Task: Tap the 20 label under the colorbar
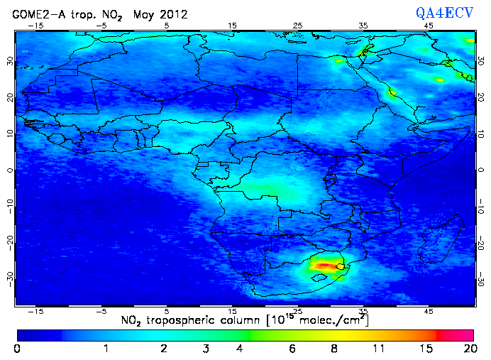(468, 349)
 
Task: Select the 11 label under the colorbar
(378, 349)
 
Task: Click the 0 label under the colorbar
(17, 349)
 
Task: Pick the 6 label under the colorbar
(292, 349)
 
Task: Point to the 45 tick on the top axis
(429, 25)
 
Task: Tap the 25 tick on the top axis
(298, 25)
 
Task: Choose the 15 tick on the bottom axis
(232, 312)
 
